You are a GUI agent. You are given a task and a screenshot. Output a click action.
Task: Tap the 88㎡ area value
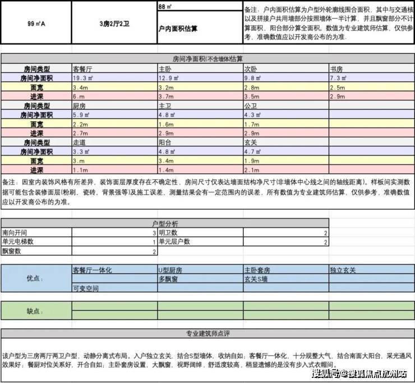[x=165, y=7]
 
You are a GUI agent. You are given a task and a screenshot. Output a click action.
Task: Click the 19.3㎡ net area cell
[x=84, y=79]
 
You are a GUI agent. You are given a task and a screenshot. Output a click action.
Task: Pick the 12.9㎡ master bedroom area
[x=169, y=79]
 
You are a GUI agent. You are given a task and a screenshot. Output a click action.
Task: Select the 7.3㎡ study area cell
[x=338, y=79]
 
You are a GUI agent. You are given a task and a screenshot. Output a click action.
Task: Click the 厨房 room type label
[x=80, y=105]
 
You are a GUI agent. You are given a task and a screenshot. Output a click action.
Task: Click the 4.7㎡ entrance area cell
[x=252, y=151]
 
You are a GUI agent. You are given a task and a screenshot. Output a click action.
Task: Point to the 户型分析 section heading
[x=165, y=223]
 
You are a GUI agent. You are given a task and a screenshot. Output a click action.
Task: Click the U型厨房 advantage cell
[x=172, y=270]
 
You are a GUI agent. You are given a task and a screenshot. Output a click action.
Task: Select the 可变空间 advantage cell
[x=85, y=288]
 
